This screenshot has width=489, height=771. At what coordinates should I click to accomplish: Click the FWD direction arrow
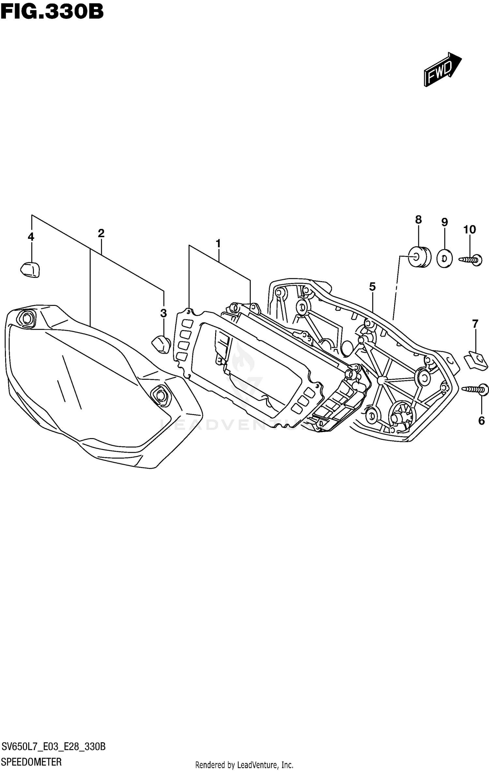pyautogui.click(x=442, y=69)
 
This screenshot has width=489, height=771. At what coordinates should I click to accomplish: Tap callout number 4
pyautogui.click(x=31, y=237)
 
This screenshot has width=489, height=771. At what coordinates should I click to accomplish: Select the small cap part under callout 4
pyautogui.click(x=30, y=270)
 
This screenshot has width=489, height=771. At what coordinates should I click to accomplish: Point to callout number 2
pyautogui.click(x=101, y=233)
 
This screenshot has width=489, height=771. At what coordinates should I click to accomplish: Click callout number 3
pyautogui.click(x=164, y=313)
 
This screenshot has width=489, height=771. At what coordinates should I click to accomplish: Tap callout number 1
pyautogui.click(x=218, y=243)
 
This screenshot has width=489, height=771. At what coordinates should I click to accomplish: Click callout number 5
pyautogui.click(x=372, y=287)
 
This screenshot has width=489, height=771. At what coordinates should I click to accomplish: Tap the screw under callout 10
pyautogui.click(x=471, y=260)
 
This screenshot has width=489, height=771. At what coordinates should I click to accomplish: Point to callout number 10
pyautogui.click(x=470, y=230)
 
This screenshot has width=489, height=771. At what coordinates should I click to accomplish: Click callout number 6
pyautogui.click(x=482, y=421)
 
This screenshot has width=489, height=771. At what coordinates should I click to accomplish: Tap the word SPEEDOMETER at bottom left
pyautogui.click(x=31, y=762)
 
